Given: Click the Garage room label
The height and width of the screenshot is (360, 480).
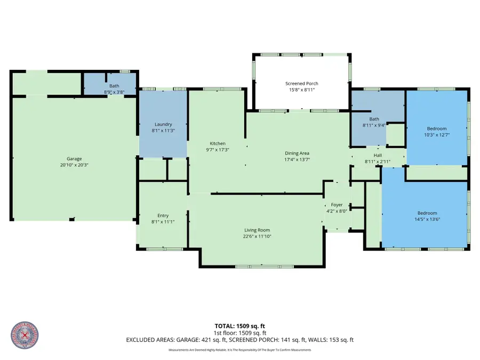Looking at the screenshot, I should tap(74, 159).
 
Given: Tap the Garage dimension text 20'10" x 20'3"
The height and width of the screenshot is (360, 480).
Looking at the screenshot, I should tap(74, 165).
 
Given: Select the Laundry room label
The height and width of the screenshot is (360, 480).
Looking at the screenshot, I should tap(163, 124).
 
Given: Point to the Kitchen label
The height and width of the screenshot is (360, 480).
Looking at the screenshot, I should tap(218, 143).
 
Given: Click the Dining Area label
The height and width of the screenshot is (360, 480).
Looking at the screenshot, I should tap(297, 153).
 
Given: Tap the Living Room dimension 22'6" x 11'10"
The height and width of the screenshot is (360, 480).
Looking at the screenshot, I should tap(257, 236).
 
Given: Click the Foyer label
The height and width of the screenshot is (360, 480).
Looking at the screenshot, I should tap(337, 205).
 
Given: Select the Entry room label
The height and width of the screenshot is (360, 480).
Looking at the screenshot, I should tap(163, 215).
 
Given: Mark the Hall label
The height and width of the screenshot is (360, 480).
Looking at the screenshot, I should tap(377, 155).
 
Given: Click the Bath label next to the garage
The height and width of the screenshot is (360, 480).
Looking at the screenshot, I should tap(114, 86).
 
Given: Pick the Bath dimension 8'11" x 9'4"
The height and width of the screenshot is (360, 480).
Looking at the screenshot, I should tap(374, 125).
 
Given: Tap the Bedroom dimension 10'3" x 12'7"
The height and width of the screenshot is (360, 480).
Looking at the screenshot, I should tap(437, 134).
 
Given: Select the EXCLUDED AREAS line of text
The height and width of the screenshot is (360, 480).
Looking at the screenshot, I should tap(239, 339).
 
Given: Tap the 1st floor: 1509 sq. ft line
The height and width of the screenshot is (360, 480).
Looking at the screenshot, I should tap(239, 332).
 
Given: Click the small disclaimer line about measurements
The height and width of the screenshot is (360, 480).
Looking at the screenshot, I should tap(239, 350).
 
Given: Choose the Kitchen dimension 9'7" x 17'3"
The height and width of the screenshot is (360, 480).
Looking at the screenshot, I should tap(218, 150).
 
